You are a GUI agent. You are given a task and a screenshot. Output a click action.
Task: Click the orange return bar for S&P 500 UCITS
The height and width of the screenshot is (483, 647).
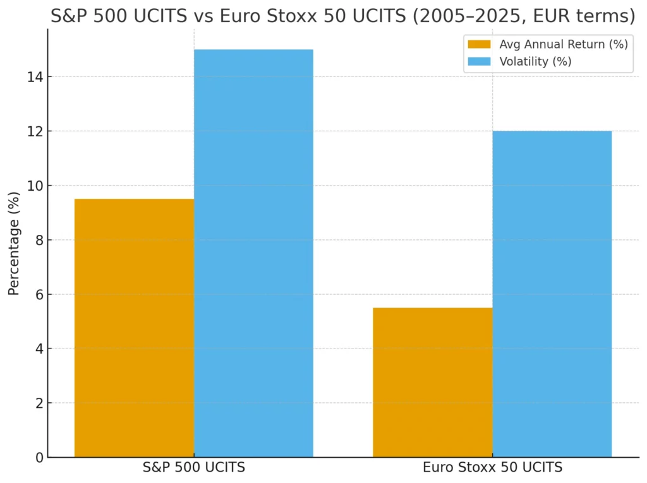(x=134, y=328)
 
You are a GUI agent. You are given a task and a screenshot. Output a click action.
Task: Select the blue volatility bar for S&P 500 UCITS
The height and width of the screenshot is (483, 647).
(x=253, y=253)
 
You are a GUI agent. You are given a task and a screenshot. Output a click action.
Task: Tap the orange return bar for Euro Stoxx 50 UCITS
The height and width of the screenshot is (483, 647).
(x=432, y=383)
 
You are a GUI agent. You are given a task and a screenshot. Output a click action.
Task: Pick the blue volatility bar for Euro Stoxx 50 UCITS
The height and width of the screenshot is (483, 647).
(x=552, y=294)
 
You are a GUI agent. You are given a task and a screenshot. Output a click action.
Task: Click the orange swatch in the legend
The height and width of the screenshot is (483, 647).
(x=479, y=44)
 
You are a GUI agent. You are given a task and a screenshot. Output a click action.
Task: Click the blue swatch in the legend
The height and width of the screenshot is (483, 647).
(x=479, y=61)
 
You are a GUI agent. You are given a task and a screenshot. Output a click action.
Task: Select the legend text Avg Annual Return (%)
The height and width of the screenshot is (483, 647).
(x=564, y=44)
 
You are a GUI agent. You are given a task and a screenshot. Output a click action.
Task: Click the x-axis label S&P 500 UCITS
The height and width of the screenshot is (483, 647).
(x=193, y=468)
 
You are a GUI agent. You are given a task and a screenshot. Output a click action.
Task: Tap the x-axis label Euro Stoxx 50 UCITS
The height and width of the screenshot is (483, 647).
(x=492, y=468)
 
